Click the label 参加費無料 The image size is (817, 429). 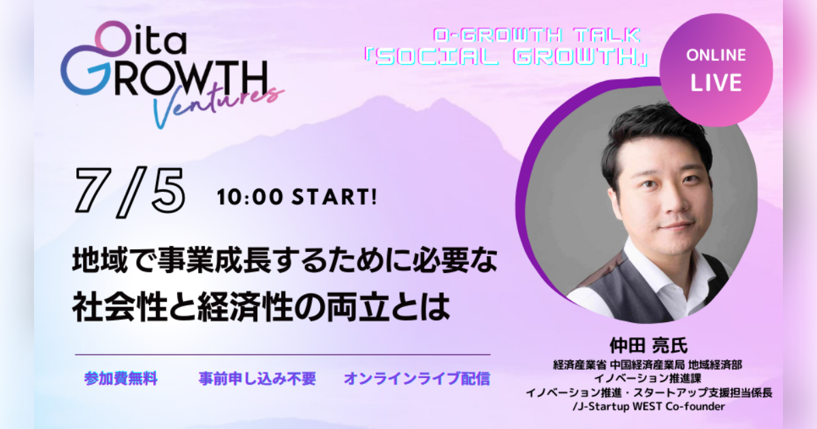point(121,379)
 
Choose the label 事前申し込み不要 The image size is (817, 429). point(257,379)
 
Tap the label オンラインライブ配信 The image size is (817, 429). point(417,379)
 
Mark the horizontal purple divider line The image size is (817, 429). point(282,355)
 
